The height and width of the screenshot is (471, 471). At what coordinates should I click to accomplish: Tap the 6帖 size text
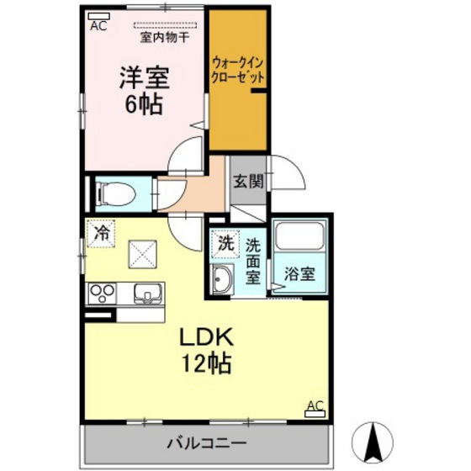pyautogui.click(x=143, y=107)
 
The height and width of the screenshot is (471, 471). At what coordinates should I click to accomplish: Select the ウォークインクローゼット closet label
pyautogui.click(x=238, y=68)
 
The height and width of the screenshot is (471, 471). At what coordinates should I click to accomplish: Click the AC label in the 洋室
pyautogui.click(x=98, y=25)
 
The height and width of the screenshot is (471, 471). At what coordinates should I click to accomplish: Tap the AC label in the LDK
pyautogui.click(x=315, y=406)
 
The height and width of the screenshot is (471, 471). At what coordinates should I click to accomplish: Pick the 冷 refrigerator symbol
pyautogui.click(x=101, y=233)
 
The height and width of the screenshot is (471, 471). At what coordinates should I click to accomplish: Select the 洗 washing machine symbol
pyautogui.click(x=224, y=244)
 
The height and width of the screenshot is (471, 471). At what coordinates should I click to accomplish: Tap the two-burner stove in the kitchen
pyautogui.click(x=102, y=294)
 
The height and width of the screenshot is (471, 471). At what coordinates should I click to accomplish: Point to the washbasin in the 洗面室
pyautogui.click(x=223, y=278)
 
